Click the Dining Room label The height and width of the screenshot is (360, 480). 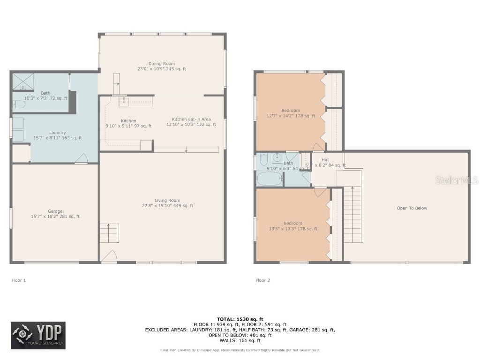point(162,66)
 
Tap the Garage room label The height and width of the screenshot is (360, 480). point(55,214)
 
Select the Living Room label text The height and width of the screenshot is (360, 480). point(167,203)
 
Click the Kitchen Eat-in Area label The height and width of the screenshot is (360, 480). point(191,122)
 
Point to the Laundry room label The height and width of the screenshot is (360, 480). point(58,135)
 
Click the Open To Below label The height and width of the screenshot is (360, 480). point(412,208)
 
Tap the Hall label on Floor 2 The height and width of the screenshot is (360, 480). point(325,160)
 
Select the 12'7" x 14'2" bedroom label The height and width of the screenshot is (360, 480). point(291,113)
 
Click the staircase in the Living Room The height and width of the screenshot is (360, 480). point(109,233)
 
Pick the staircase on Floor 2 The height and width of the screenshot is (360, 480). point(353,213)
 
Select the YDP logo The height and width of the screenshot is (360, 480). point(38,336)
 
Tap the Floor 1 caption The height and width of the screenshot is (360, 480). point(19,280)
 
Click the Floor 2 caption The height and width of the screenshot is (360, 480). point(262,280)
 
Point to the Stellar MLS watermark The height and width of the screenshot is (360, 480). point(457,180)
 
